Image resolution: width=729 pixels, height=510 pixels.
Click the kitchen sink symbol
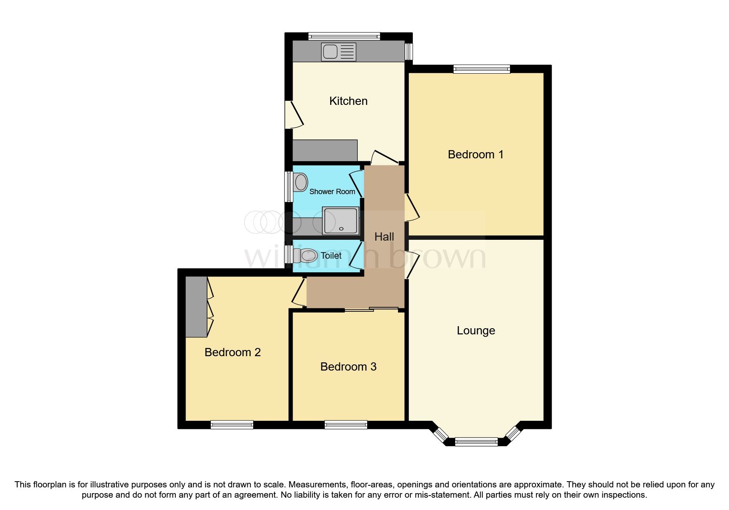point(339,52)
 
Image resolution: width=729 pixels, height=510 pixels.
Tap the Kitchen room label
point(348,101)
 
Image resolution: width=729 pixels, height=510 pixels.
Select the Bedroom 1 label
point(475,155)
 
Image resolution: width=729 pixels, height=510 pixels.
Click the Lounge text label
point(476,331)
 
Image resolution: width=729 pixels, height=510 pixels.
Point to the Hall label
point(384,237)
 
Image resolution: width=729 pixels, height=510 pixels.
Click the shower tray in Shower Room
point(340,221)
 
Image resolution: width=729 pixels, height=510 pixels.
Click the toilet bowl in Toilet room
point(308,256)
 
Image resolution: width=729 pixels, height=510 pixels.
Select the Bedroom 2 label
point(233,352)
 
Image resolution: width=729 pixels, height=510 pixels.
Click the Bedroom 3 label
point(348,367)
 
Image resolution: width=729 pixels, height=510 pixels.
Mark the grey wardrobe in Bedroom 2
point(196,307)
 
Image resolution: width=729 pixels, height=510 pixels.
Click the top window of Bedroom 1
point(482,69)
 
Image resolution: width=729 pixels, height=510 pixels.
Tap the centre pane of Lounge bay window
point(476,442)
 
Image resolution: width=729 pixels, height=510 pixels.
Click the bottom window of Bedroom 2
point(232,425)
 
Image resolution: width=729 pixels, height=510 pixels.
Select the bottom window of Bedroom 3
point(346,425)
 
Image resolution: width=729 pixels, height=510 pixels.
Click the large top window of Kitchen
point(344,36)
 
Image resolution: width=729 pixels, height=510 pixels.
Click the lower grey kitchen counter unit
point(325,151)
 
